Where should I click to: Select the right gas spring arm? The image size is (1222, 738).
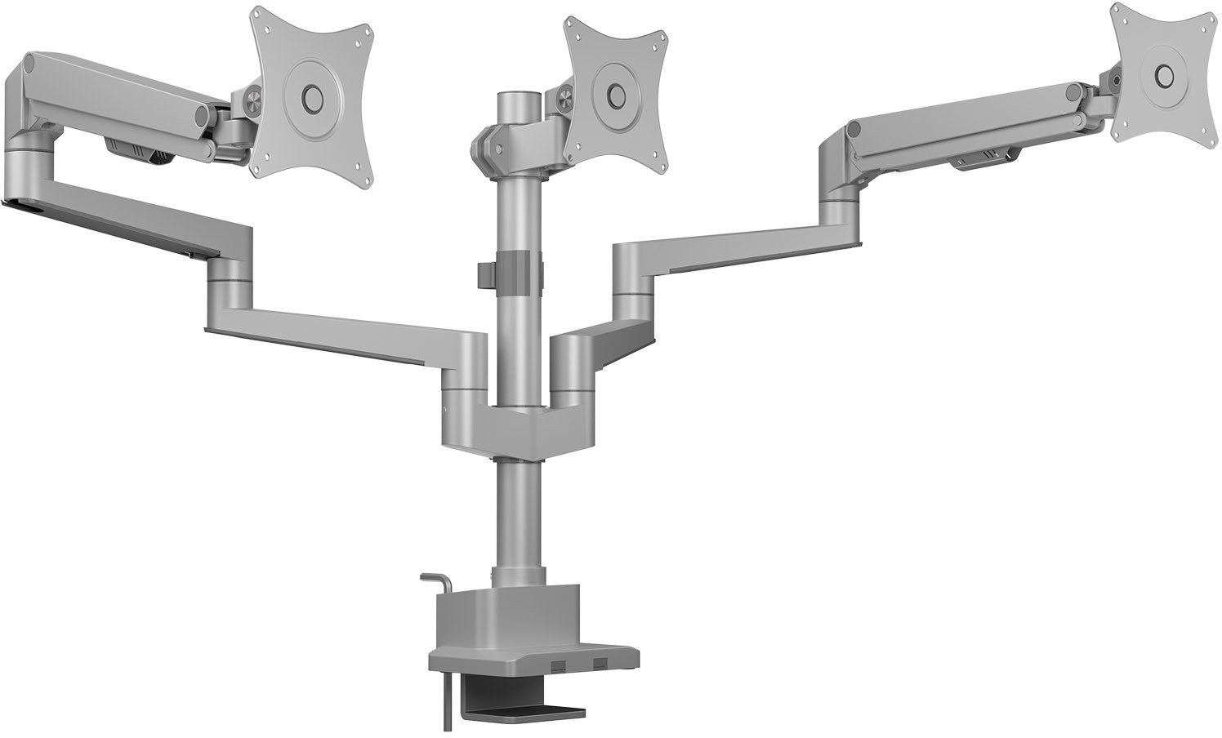(964, 131)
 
